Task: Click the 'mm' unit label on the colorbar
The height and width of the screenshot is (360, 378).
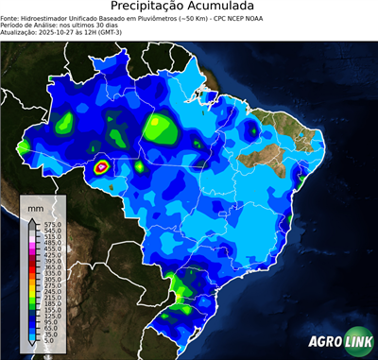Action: pos(35,206)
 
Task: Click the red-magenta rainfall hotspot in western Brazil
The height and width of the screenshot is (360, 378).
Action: pos(102,168)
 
